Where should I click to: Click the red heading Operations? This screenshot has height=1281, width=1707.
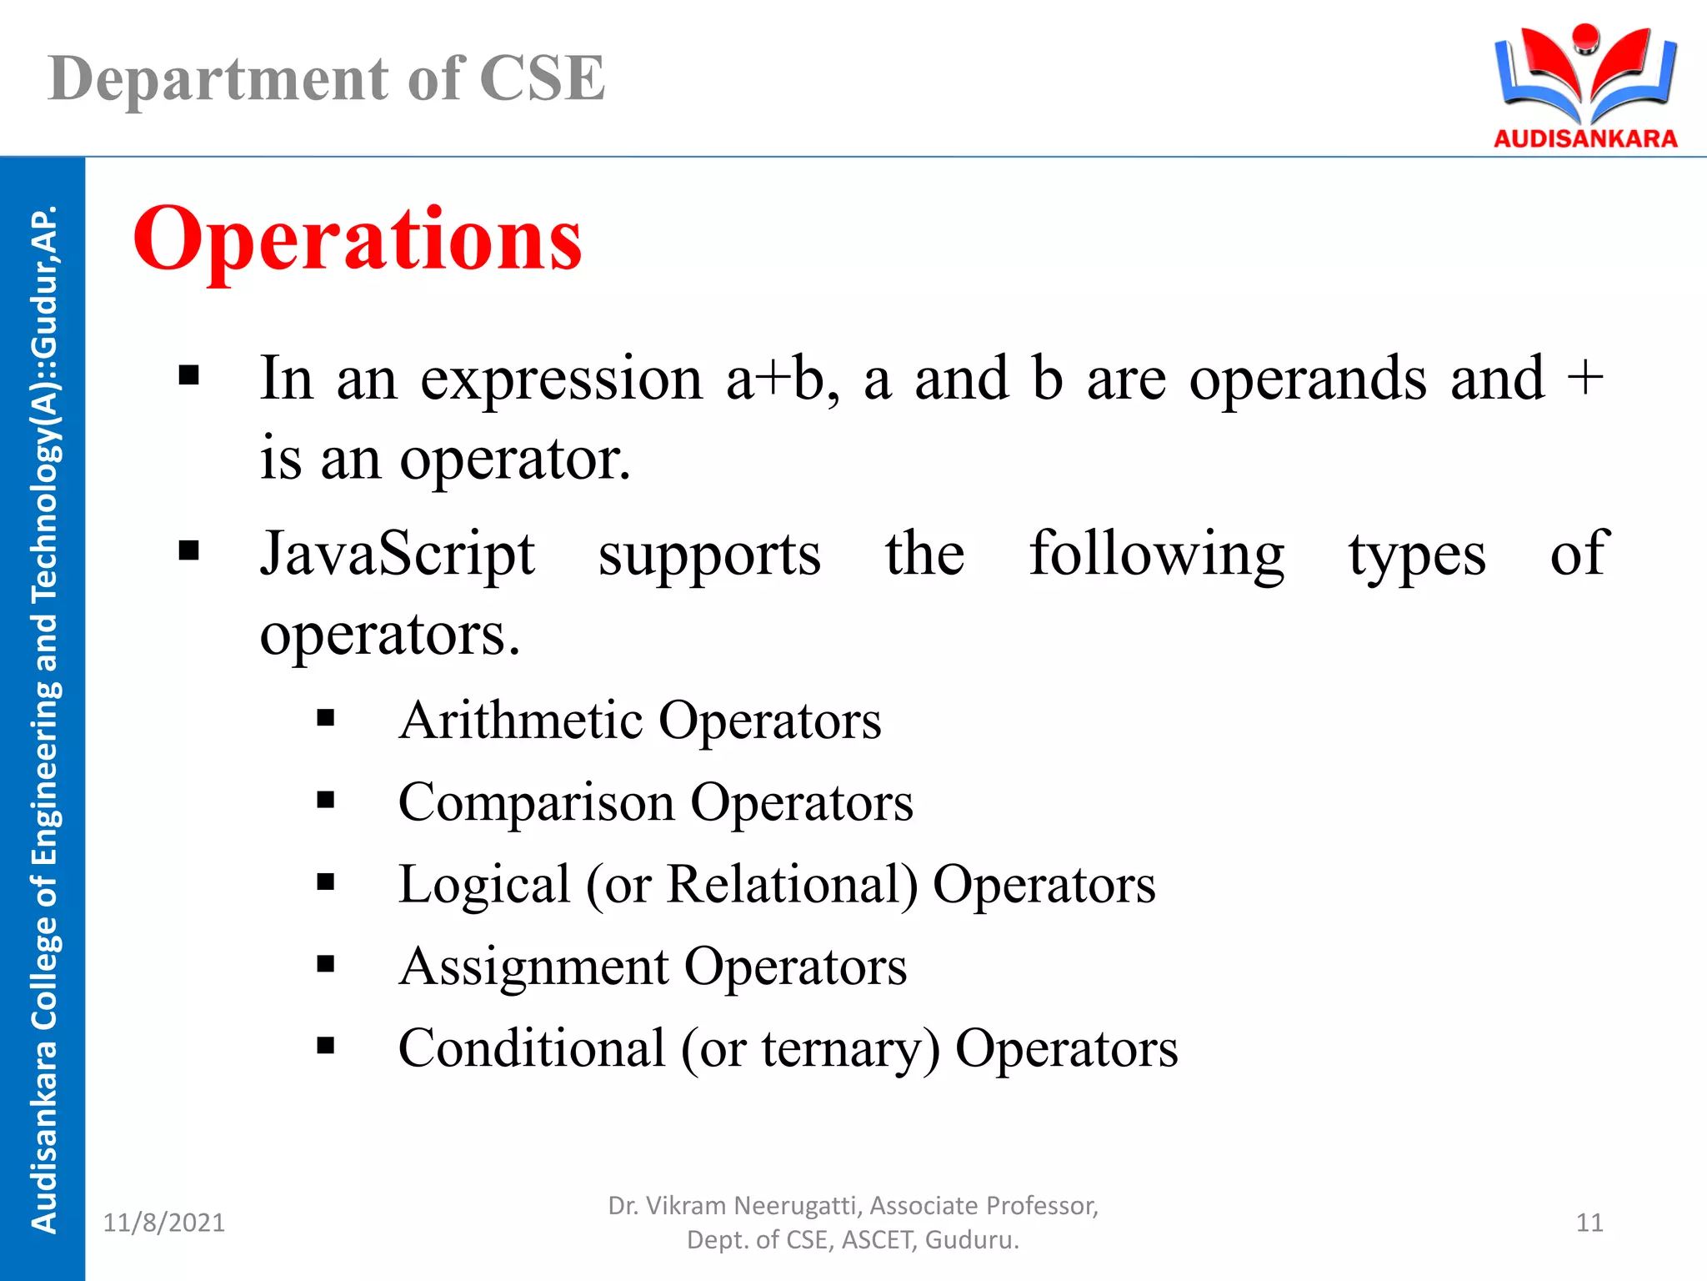(x=357, y=240)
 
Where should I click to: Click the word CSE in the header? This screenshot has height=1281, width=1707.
(x=542, y=79)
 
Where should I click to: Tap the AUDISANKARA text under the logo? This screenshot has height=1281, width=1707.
(x=1584, y=138)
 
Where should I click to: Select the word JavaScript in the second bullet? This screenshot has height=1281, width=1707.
(x=397, y=555)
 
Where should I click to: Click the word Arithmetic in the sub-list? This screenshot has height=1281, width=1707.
(x=521, y=721)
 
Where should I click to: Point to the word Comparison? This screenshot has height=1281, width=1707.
(x=536, y=803)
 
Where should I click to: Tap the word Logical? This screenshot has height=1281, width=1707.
(x=483, y=885)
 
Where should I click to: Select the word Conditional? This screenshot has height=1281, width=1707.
(x=532, y=1049)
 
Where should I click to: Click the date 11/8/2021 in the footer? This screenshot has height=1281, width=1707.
(x=163, y=1223)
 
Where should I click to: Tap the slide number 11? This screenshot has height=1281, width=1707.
(x=1589, y=1223)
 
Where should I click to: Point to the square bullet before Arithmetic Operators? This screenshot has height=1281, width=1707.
(x=325, y=719)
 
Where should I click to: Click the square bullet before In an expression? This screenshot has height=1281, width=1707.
(x=189, y=376)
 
